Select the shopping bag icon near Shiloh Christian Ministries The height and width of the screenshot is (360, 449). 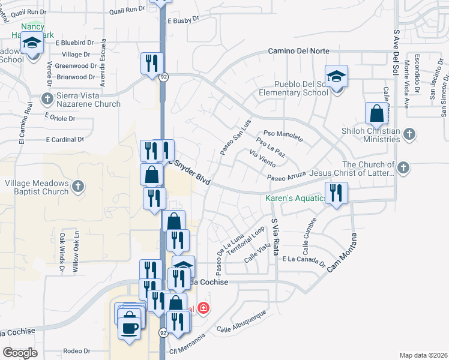376,113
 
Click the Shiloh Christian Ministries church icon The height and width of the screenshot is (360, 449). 409,133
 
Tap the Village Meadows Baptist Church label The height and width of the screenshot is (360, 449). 36,187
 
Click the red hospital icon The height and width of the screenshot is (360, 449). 204,308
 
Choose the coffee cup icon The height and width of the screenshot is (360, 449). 130,327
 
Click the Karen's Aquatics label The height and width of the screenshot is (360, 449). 295,198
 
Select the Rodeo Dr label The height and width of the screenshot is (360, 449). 76,351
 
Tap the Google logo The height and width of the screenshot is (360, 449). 20,353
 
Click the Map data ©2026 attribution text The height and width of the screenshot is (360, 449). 423,355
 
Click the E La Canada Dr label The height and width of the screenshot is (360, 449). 303,260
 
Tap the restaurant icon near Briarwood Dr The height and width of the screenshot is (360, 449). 151,63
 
